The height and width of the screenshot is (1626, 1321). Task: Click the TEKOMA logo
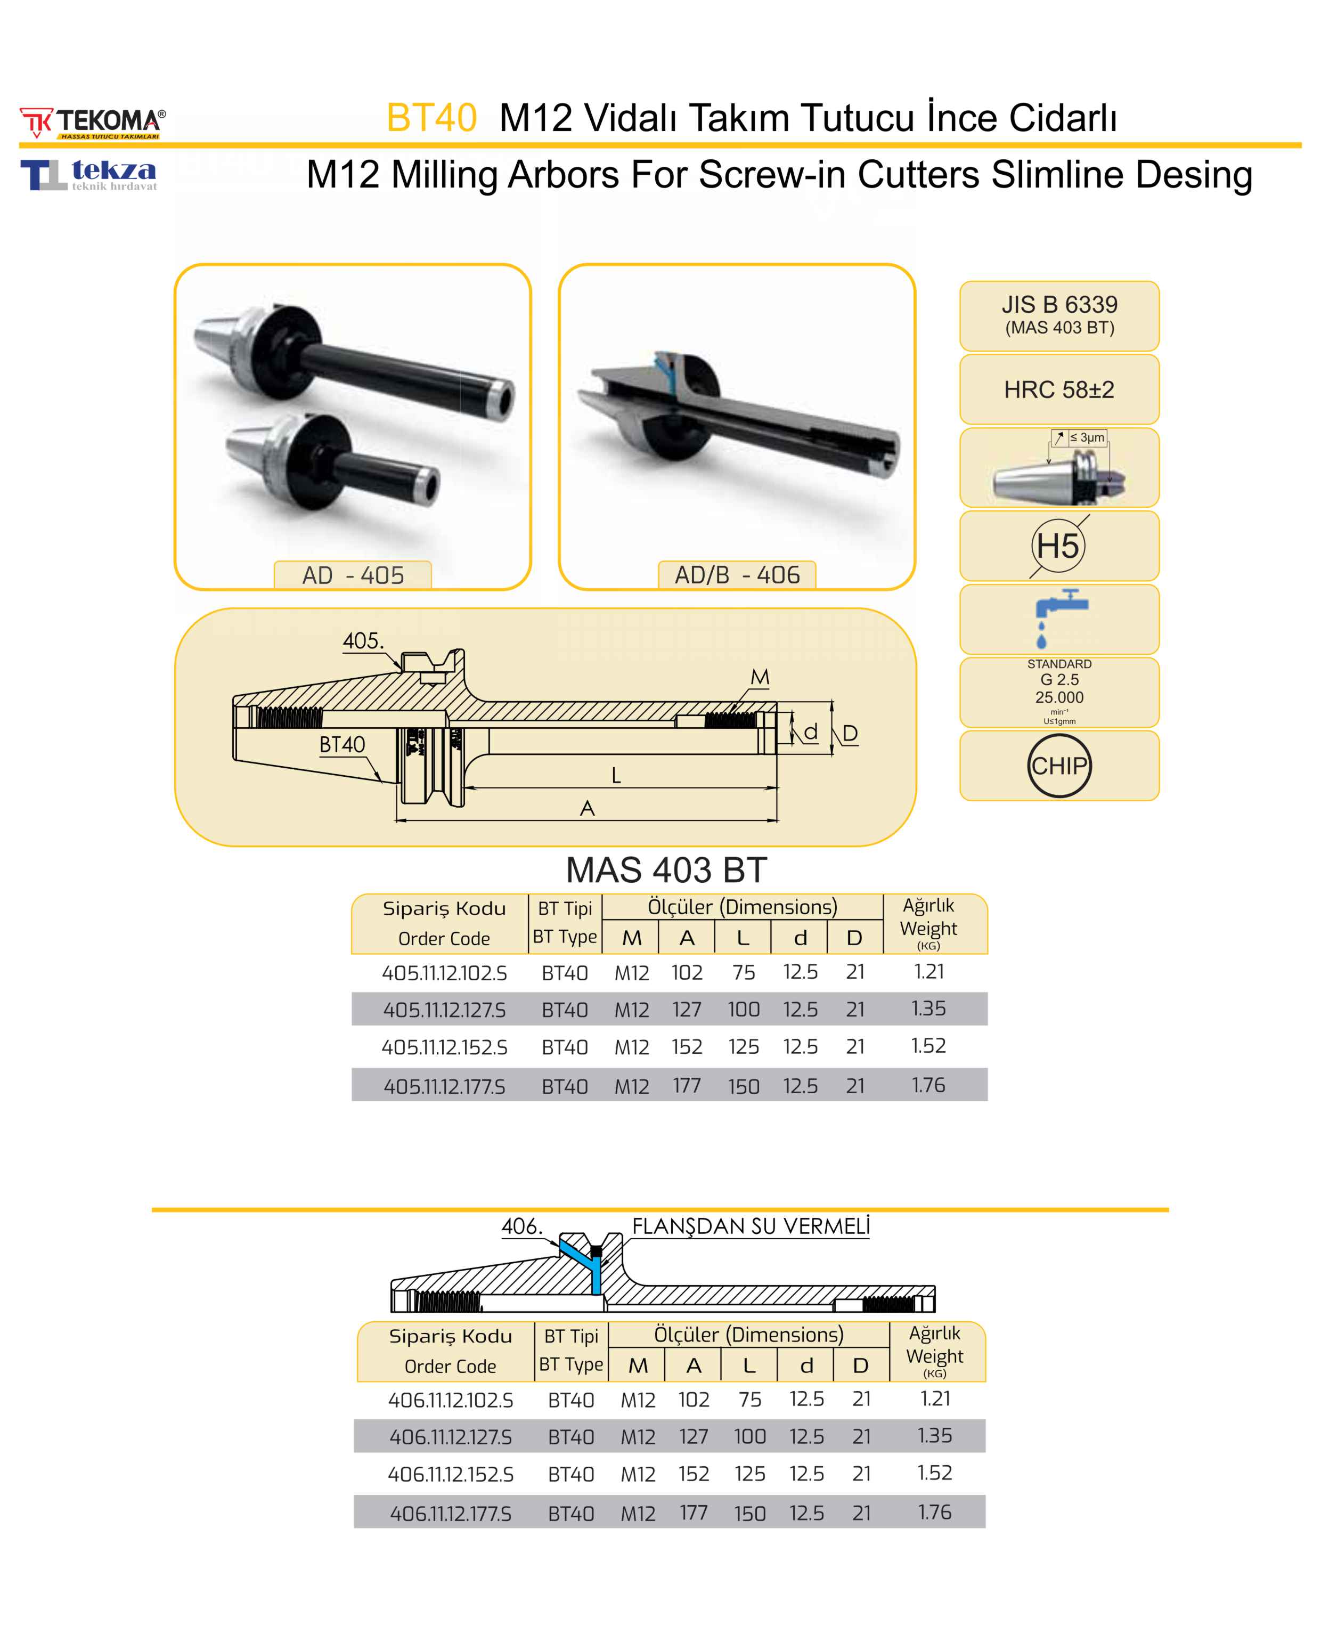pos(92,123)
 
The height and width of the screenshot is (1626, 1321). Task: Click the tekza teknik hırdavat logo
pos(89,175)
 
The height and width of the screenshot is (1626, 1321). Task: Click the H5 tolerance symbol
pos(1058,546)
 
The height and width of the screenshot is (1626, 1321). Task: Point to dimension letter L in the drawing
pos(616,775)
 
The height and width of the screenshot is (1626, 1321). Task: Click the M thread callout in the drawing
pos(760,677)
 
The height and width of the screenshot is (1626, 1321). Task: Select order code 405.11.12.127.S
pos(444,1010)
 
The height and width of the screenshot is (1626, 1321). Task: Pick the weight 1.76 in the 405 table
pos(928,1085)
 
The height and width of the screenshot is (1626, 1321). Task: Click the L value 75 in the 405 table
pos(744,972)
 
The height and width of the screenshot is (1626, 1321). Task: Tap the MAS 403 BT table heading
pos(666,869)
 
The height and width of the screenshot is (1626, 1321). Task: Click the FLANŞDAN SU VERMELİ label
pos(751,1226)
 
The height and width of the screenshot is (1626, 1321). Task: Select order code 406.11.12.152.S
pos(451,1474)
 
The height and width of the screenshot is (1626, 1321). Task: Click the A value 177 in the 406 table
pos(693,1513)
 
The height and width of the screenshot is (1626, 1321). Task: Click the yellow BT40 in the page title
pos(431,118)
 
